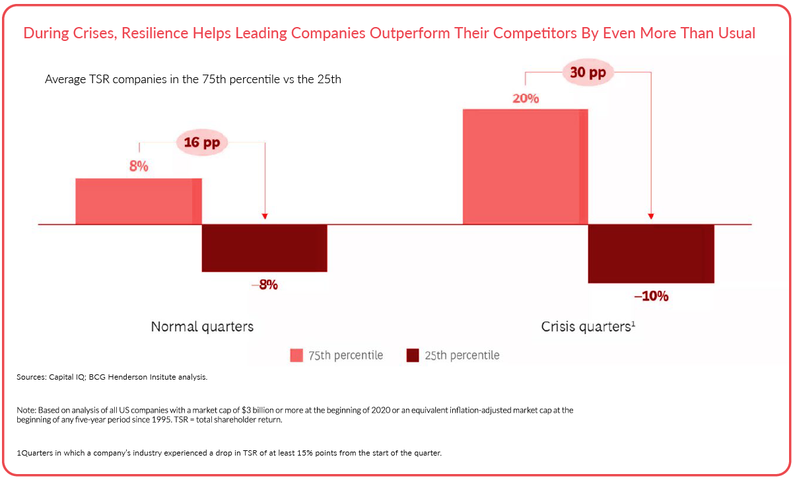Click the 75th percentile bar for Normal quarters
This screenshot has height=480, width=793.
click(139, 201)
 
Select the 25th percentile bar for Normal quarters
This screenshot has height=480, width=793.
click(264, 248)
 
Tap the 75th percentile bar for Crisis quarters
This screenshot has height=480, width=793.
click(525, 166)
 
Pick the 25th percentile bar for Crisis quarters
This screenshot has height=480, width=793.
click(651, 254)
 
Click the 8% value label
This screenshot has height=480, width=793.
click(139, 166)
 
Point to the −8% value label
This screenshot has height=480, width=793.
click(264, 285)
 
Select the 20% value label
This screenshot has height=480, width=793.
click(526, 98)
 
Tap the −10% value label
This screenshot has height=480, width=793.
click(651, 297)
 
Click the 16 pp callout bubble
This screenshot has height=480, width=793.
click(201, 143)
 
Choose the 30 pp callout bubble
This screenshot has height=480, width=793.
click(588, 73)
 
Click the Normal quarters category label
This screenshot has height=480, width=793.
click(202, 327)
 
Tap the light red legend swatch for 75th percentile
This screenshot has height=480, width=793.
click(296, 356)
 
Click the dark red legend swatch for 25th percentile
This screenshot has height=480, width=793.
click(413, 356)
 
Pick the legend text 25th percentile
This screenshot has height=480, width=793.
click(462, 356)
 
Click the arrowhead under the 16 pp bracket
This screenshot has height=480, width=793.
click(265, 215)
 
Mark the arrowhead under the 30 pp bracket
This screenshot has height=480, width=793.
click(651, 215)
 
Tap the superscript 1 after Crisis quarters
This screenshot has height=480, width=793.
click(633, 324)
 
